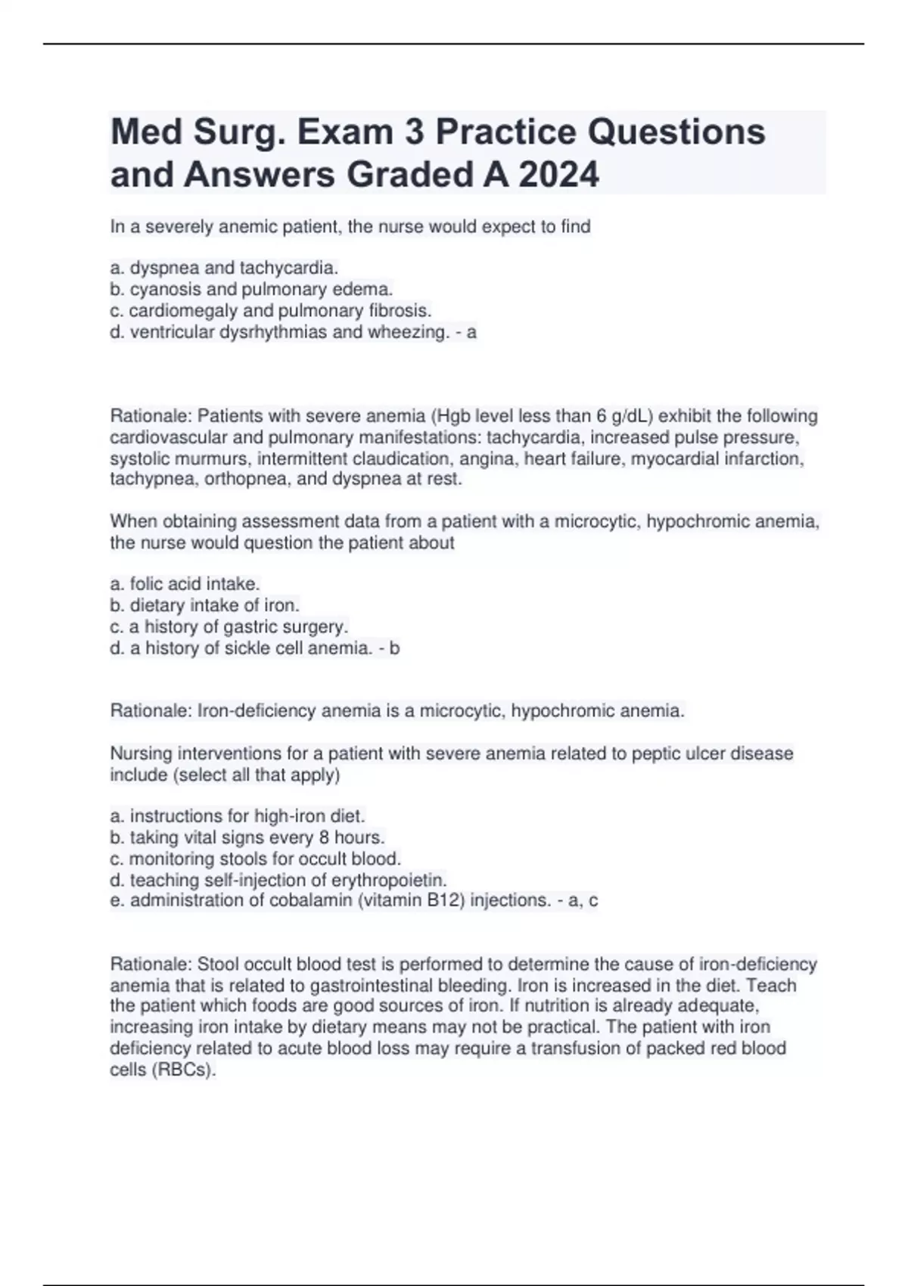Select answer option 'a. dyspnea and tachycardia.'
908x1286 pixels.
pos(224,268)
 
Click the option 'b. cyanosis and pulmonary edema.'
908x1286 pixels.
pos(251,289)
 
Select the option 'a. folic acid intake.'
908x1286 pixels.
pos(185,584)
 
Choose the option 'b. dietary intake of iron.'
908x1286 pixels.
pos(204,605)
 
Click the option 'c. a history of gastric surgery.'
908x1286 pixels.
pos(229,626)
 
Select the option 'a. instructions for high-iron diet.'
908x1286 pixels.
pos(238,816)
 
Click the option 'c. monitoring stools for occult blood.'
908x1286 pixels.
pos(255,859)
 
